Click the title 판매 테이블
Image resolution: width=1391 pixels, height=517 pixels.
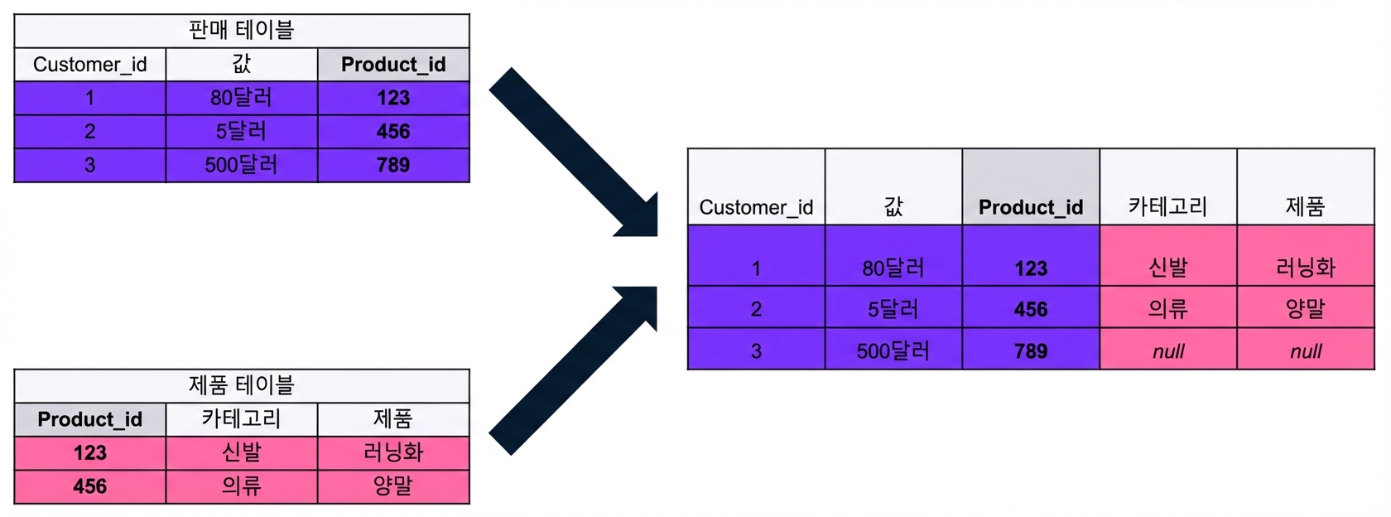pyautogui.click(x=241, y=30)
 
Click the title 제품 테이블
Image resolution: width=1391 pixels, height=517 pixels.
pyautogui.click(x=241, y=385)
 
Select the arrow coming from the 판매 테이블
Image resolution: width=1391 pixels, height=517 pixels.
pyautogui.click(x=573, y=152)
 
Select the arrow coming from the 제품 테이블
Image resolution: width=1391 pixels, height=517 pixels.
pyautogui.click(x=573, y=370)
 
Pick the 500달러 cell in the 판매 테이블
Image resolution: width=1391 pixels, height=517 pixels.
pyautogui.click(x=242, y=166)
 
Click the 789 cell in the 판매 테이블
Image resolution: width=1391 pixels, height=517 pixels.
pyautogui.click(x=393, y=166)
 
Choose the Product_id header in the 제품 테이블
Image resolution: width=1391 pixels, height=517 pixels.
pyautogui.click(x=90, y=419)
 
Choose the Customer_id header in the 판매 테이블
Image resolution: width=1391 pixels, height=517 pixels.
pyautogui.click(x=90, y=64)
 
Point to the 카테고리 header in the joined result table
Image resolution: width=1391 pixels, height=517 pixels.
pyautogui.click(x=1168, y=186)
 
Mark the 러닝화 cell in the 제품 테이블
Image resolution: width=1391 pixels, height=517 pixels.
pyautogui.click(x=393, y=453)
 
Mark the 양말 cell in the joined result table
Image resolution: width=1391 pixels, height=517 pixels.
pyautogui.click(x=1305, y=307)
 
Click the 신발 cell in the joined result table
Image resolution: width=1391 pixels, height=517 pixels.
pyautogui.click(x=1168, y=255)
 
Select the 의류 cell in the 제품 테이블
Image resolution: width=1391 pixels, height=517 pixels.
pyautogui.click(x=242, y=486)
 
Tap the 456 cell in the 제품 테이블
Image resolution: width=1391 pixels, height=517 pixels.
pyautogui.click(x=90, y=486)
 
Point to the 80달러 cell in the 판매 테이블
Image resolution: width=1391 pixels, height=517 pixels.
pyautogui.click(x=242, y=98)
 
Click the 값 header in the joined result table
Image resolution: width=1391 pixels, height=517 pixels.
pyautogui.click(x=893, y=186)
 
